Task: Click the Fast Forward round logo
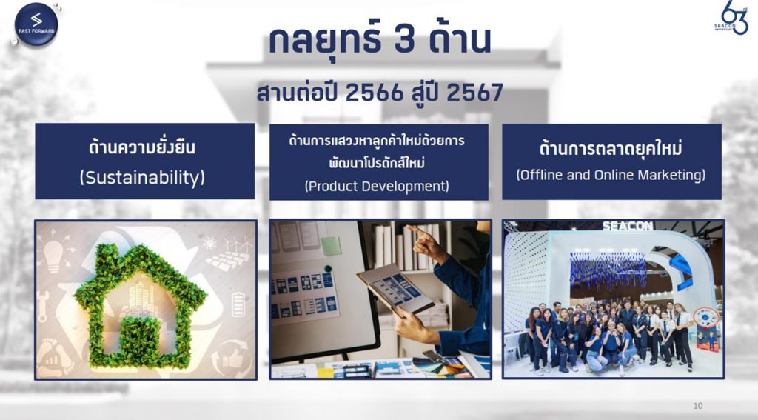36,24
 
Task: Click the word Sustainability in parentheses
142,178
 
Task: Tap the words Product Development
377,186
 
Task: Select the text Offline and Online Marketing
611,175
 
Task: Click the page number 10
698,406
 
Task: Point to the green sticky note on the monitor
331,245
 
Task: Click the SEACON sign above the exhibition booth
628,226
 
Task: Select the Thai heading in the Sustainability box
142,147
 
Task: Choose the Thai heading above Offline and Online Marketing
611,148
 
